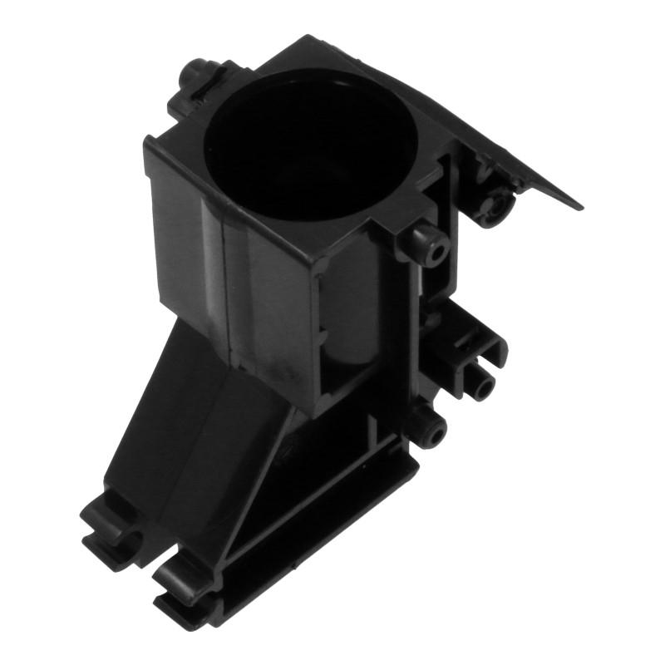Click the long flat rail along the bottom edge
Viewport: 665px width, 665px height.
[x=316, y=532]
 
